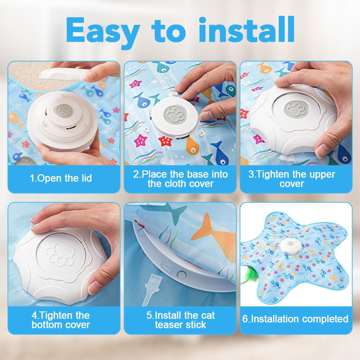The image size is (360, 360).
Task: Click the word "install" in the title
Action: click(246, 30)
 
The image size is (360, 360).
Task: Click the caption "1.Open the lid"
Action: click(61, 178)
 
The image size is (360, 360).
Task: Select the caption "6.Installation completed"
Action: click(295, 319)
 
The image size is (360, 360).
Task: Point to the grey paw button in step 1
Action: click(64, 111)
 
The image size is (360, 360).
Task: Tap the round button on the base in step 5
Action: click(181, 275)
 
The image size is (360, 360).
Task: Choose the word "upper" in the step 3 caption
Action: click(322, 175)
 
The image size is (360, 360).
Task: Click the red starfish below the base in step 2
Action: click(166, 141)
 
